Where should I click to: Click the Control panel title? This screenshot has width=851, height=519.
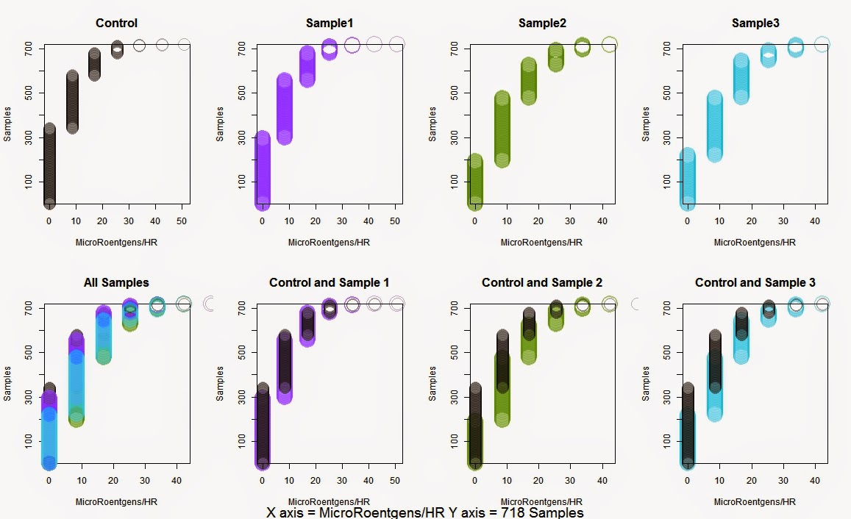116,24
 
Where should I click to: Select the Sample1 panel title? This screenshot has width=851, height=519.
330,24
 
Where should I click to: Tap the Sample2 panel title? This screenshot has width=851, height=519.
542,24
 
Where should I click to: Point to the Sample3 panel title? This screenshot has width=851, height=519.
755,24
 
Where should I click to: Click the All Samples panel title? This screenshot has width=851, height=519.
116,282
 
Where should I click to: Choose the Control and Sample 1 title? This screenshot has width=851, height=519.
330,282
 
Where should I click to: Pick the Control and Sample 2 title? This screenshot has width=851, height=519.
542,282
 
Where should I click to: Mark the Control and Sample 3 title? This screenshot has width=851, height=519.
755,282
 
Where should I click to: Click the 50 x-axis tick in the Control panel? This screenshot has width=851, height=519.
184,221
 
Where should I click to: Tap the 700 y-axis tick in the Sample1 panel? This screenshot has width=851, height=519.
241,49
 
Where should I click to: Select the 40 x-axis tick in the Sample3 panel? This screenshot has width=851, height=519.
814,221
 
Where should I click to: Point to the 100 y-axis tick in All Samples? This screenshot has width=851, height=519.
27,440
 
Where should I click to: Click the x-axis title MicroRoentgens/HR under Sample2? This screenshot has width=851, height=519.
542,242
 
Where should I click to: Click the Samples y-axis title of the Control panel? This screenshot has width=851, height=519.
8,125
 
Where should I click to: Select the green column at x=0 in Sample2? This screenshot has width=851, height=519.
475,181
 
